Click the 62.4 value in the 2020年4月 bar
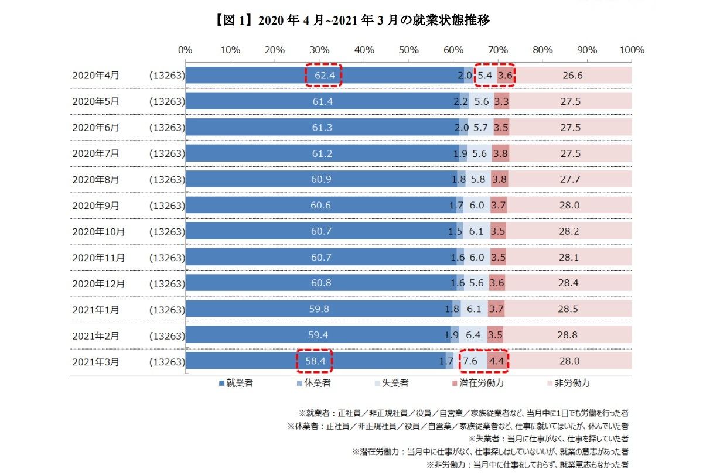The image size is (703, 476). [x=323, y=76]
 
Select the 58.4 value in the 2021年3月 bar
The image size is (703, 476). [x=315, y=362]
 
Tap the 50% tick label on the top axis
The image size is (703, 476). [x=409, y=50]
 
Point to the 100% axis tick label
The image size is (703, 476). [x=631, y=50]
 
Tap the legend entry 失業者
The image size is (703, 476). [x=391, y=383]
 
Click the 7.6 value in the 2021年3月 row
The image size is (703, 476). [x=470, y=362]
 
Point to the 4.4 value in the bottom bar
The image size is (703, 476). [x=497, y=362]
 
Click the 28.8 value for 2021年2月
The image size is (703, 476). [x=568, y=336]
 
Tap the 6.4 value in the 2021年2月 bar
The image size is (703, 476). [x=473, y=336]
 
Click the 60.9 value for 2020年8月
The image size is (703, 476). [x=321, y=180]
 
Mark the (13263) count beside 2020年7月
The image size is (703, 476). [x=167, y=153]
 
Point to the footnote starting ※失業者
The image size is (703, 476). [x=549, y=439]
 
